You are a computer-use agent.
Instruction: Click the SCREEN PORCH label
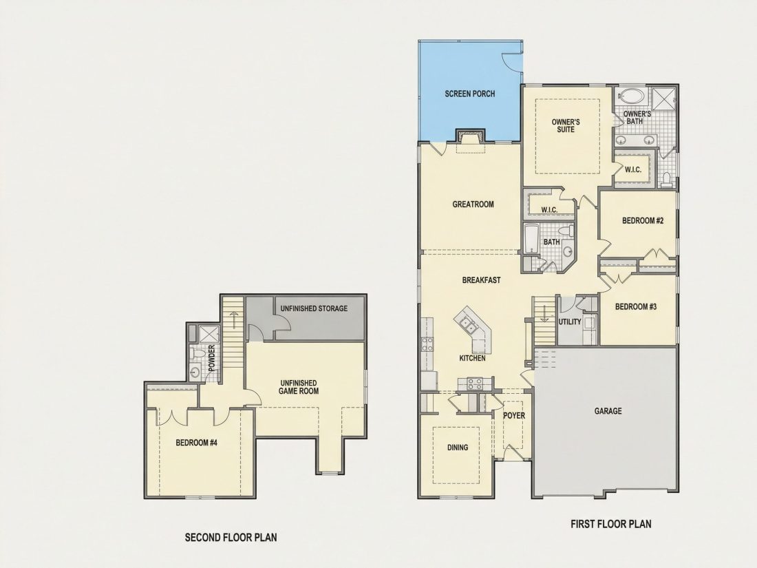(470, 94)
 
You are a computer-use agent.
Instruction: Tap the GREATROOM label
(473, 204)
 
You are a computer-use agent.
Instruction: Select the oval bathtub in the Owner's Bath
(632, 95)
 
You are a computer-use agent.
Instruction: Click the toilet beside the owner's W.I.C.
(667, 179)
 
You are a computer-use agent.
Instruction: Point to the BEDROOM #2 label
(643, 221)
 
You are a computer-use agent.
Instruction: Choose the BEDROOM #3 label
(636, 306)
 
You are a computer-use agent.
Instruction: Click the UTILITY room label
(570, 322)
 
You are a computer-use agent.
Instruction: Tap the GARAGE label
(608, 411)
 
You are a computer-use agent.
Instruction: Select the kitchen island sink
(467, 324)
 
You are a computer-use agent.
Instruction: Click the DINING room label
(458, 448)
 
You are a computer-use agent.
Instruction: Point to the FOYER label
(513, 415)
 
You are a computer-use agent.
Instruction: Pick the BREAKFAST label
(481, 280)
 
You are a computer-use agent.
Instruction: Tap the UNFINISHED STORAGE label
(314, 308)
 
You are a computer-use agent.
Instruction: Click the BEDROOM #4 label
(197, 443)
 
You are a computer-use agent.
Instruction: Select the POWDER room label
(211, 359)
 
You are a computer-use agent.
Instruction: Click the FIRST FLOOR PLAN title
(610, 524)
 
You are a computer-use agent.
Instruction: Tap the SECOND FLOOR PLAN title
(231, 537)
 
